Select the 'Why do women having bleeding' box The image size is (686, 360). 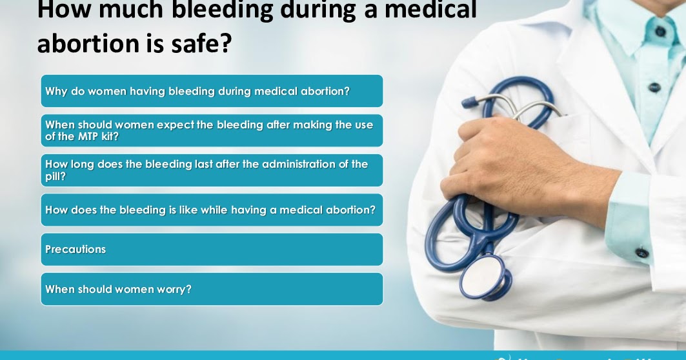pyautogui.click(x=212, y=91)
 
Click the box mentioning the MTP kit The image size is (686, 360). pyautogui.click(x=212, y=130)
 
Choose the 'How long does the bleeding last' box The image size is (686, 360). pyautogui.click(x=212, y=170)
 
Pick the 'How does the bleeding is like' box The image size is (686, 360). pyautogui.click(x=212, y=210)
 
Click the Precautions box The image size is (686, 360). pyautogui.click(x=212, y=249)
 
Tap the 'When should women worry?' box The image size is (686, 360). pyautogui.click(x=212, y=289)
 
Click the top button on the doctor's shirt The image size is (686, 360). pyautogui.click(x=660, y=30)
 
